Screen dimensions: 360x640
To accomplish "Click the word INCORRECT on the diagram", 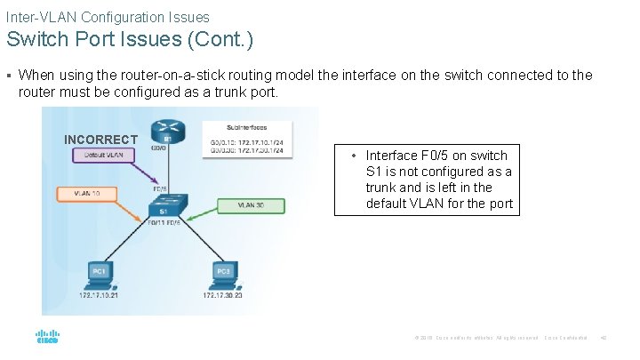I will tap(100, 140).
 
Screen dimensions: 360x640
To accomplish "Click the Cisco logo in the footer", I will tap(46, 338).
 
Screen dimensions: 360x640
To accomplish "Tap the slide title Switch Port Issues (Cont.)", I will tap(130, 40).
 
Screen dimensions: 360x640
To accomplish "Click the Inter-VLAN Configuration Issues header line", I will tap(108, 17).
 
